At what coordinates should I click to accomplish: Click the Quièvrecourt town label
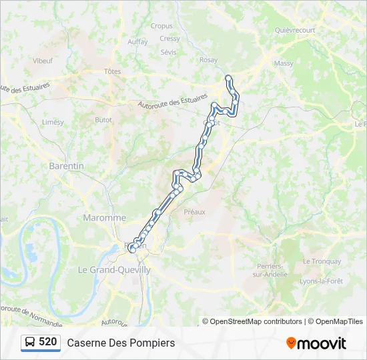(294, 30)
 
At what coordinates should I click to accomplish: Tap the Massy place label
(284, 63)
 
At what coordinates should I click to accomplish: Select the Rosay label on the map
(208, 60)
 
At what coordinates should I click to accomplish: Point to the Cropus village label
(161, 27)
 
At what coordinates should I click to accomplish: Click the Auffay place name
(137, 41)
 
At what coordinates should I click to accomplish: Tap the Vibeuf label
(43, 60)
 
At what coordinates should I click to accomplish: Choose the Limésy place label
(53, 123)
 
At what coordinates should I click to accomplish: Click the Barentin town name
(66, 165)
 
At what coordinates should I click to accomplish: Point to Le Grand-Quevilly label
(114, 270)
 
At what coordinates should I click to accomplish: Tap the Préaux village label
(194, 211)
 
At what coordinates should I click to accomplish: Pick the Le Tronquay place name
(322, 261)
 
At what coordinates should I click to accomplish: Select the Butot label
(103, 120)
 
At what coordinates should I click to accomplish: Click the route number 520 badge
(41, 343)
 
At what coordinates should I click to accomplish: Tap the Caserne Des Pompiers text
(121, 343)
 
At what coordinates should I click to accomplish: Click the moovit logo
(316, 343)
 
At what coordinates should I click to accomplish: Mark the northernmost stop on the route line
(228, 78)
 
